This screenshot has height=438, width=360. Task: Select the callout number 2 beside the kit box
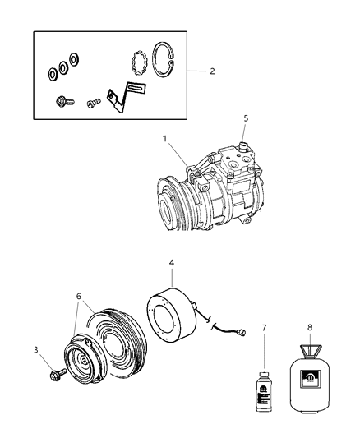click(211, 71)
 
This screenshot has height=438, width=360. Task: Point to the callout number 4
click(172, 264)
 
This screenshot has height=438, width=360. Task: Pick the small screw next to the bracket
click(92, 103)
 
